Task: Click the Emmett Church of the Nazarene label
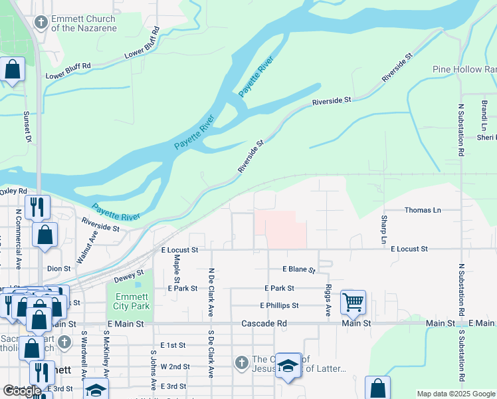point(83,23)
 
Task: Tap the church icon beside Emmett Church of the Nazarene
point(41,23)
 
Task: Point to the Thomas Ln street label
point(423,210)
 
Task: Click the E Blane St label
point(298,269)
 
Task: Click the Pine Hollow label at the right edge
point(464,69)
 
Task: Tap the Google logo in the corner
point(23,391)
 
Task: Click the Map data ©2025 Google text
point(456,394)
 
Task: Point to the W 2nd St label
point(175,366)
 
